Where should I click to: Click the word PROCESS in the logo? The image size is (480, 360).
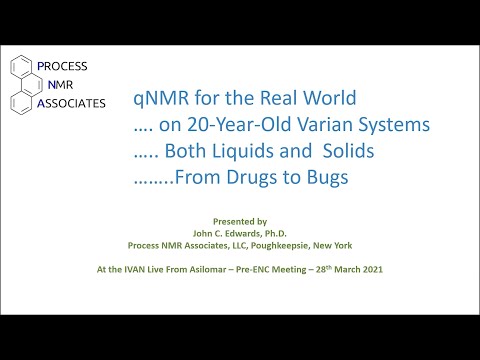click(x=62, y=66)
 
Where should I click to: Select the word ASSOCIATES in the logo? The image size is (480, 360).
click(x=70, y=102)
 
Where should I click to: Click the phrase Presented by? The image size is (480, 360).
click(x=241, y=217)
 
